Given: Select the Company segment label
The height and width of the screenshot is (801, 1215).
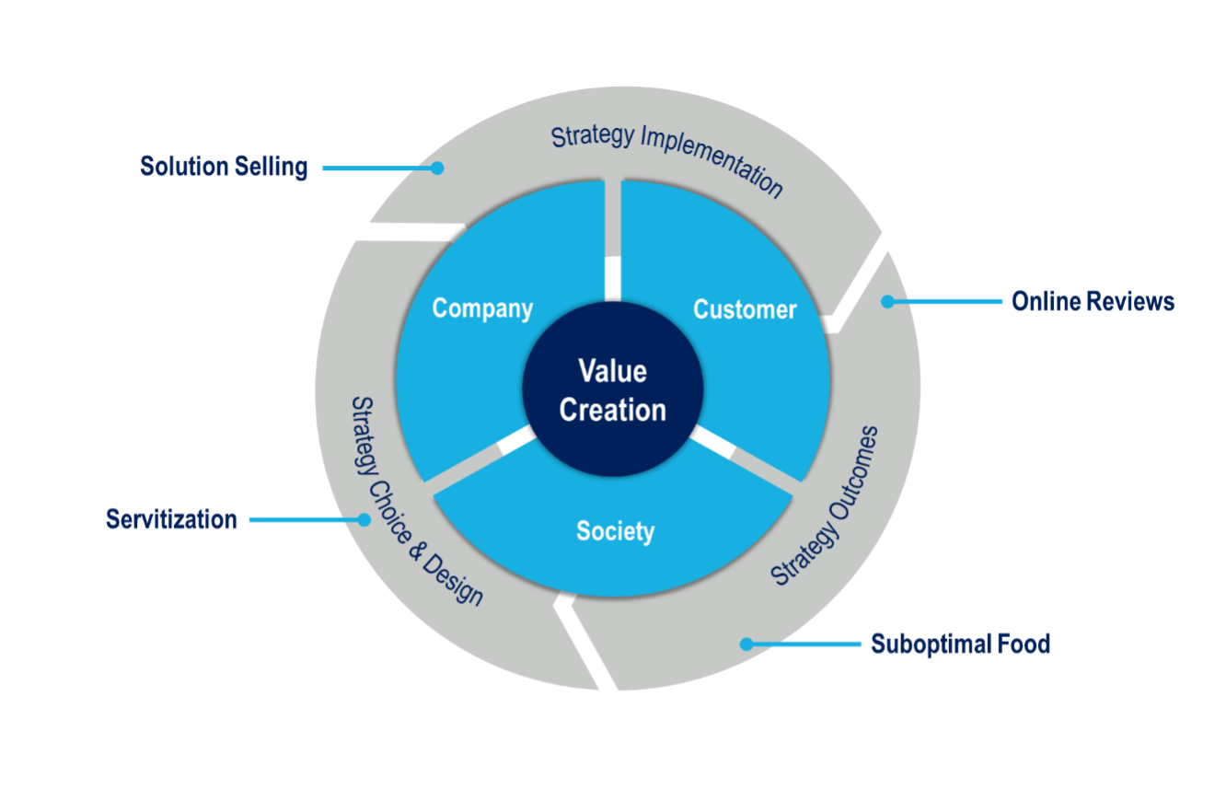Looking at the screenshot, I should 482,308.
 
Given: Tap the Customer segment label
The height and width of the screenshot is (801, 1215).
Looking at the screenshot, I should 745,309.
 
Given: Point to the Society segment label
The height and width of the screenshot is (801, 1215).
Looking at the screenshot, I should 615,531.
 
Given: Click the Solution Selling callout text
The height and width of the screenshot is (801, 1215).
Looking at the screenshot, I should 224,168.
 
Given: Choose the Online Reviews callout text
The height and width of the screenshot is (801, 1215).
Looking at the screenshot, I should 1093,301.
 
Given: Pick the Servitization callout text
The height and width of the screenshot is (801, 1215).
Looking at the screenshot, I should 172,519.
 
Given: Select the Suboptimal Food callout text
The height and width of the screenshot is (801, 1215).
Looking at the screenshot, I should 960,644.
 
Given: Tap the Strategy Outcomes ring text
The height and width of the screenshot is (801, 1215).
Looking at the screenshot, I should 825,506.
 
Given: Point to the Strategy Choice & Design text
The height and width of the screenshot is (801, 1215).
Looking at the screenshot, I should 417,502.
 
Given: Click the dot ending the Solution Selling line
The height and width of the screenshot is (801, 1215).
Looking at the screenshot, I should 438,168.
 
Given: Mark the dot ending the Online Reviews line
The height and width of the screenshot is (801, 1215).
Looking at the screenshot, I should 888,301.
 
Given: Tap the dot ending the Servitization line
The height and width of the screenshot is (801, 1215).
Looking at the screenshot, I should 364,519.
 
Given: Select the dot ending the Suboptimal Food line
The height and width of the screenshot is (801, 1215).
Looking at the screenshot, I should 746,644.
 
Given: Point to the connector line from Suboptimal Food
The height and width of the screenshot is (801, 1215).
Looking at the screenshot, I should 805,644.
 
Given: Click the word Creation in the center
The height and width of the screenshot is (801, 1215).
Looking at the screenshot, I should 613,410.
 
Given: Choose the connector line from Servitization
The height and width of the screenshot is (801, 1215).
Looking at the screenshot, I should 304,519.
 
